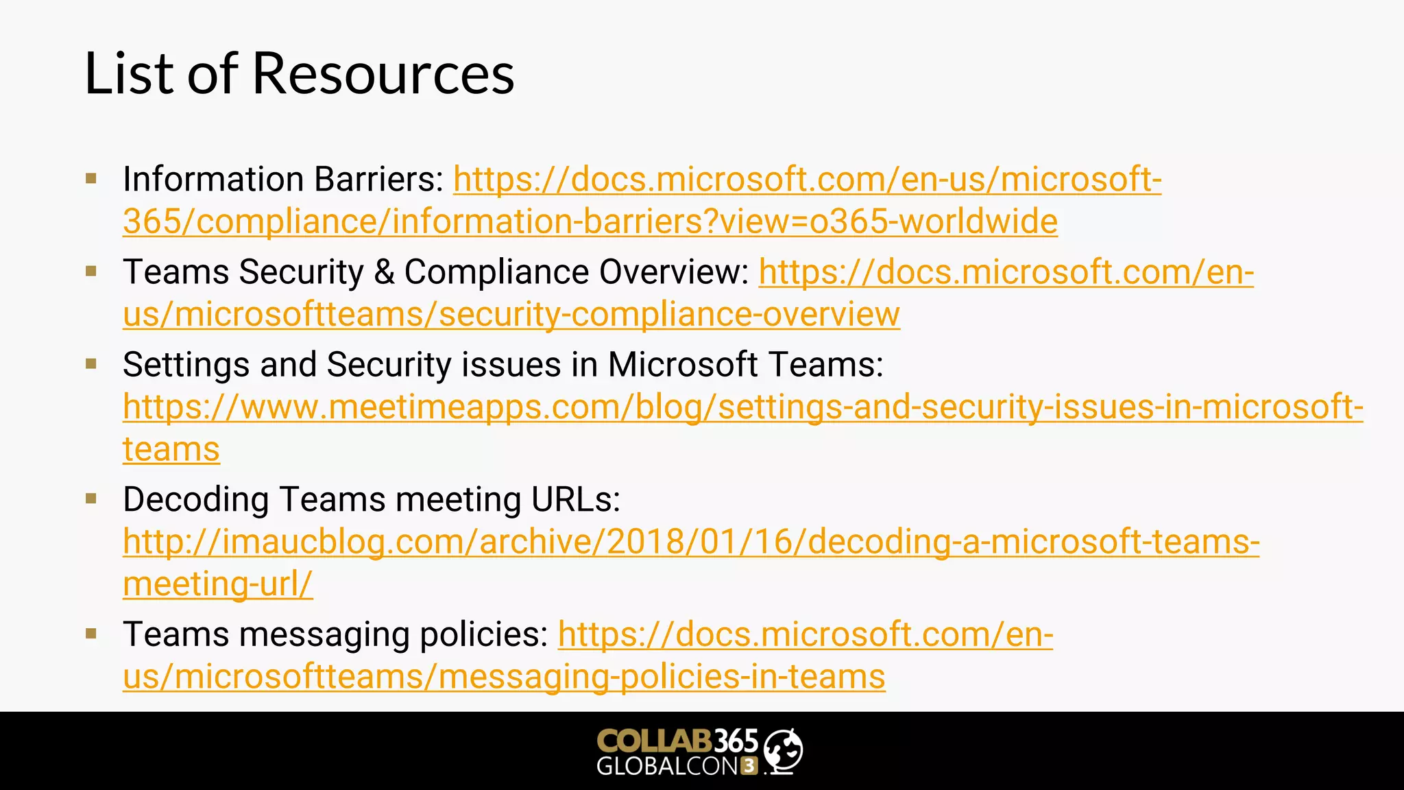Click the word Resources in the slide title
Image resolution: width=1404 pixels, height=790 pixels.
383,73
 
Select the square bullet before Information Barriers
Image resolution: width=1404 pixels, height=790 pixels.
91,179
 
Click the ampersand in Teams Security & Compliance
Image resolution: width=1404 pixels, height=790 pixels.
384,272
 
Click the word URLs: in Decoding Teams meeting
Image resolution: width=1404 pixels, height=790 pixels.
576,499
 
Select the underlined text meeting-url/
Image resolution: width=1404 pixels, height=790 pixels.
218,584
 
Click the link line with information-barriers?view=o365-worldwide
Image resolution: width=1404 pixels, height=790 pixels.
590,222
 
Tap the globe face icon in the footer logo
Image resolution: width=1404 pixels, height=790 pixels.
783,751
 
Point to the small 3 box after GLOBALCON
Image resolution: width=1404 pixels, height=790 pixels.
749,766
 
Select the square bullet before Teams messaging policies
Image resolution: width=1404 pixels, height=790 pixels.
91,634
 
